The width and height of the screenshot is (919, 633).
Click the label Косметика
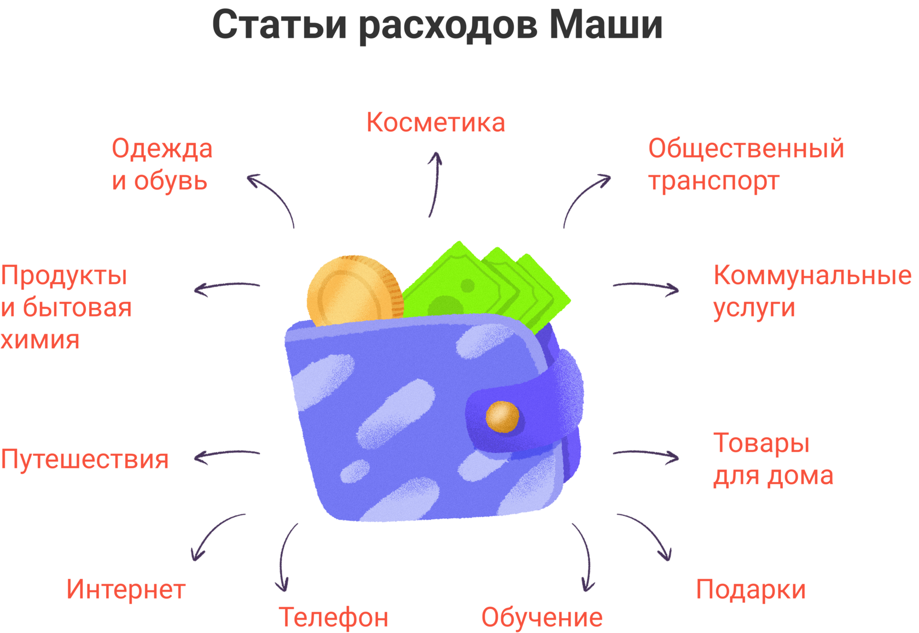click(435, 122)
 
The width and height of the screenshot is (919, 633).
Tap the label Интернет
click(126, 589)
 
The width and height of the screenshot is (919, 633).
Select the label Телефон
click(334, 617)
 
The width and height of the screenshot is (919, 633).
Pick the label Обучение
click(542, 617)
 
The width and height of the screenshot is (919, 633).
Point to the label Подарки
click(751, 589)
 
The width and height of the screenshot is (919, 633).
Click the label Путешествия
click(84, 459)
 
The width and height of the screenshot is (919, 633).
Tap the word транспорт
click(713, 180)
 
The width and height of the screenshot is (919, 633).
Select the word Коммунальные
click(812, 275)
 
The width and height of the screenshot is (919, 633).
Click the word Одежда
click(162, 149)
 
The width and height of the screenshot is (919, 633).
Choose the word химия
click(40, 339)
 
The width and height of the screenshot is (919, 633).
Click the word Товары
click(761, 443)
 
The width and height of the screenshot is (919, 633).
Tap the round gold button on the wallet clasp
click(502, 417)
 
